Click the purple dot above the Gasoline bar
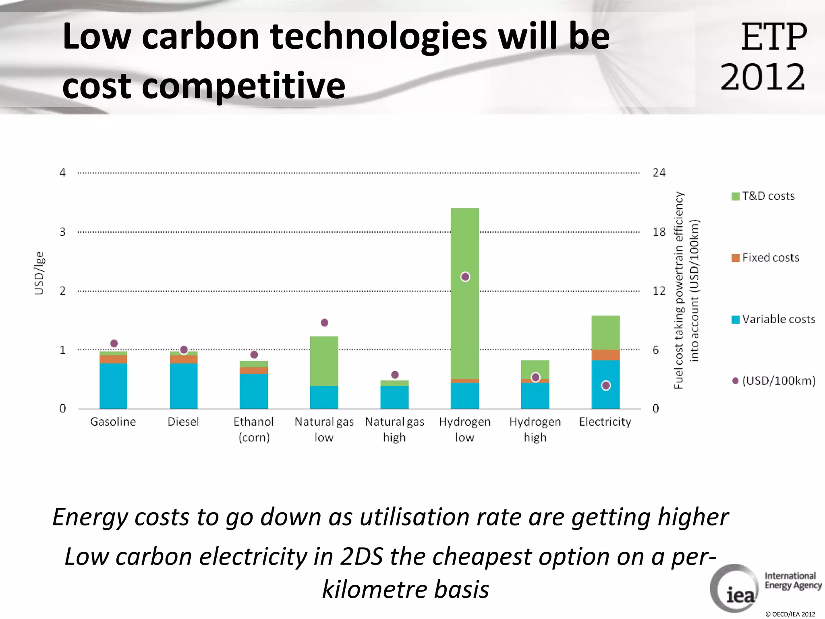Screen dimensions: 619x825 click(114, 343)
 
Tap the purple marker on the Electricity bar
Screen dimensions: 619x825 click(605, 386)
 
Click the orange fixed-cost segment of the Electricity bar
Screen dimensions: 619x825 click(605, 355)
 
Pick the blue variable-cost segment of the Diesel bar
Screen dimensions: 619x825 click(184, 386)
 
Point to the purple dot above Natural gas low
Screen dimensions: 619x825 click(324, 322)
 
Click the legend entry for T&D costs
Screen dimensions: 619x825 click(763, 196)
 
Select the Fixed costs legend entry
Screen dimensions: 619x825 click(765, 258)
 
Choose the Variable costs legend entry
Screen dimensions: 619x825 click(773, 320)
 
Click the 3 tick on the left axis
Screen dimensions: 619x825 click(62, 232)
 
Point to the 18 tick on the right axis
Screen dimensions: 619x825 click(659, 232)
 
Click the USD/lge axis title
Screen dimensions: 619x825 click(39, 273)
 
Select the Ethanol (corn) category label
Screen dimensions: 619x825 click(254, 429)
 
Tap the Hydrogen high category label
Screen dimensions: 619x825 click(535, 429)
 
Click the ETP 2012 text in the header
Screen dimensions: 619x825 click(763, 56)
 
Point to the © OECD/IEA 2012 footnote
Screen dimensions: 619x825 click(790, 614)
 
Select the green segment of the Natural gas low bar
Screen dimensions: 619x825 click(324, 361)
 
